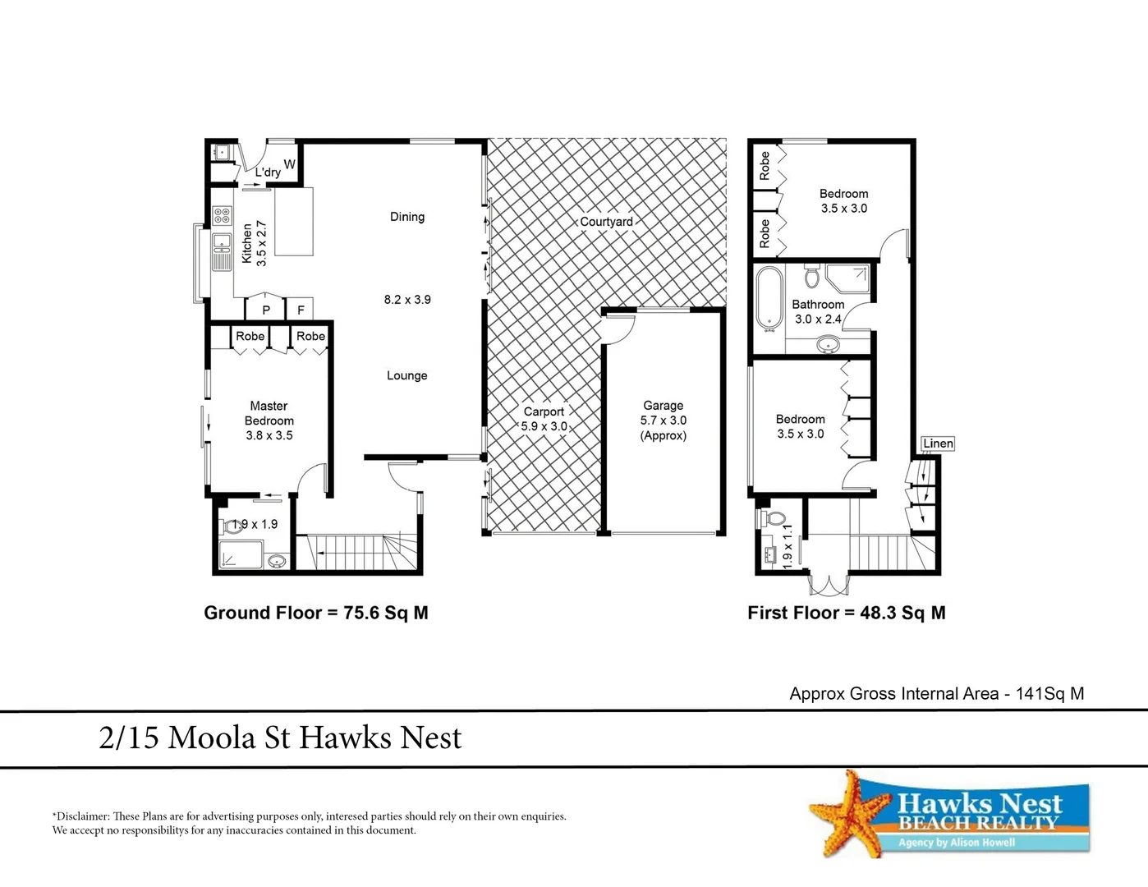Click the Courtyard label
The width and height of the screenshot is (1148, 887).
click(606, 222)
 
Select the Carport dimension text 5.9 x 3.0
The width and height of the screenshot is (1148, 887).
click(544, 426)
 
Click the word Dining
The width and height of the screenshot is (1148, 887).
click(407, 217)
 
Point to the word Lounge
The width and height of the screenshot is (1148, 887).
click(407, 375)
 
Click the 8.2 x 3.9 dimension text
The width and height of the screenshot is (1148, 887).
click(407, 300)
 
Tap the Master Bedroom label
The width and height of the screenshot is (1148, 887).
click(269, 413)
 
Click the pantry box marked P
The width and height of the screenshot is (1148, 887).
click(266, 310)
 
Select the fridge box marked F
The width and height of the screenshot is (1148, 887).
click(301, 310)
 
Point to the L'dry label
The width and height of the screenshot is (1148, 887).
click(268, 172)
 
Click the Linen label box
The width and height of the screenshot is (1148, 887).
click(938, 443)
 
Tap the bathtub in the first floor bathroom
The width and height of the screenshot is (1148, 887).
click(769, 298)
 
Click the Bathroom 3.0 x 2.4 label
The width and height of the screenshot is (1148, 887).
click(818, 312)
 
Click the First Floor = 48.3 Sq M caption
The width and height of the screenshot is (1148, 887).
click(846, 613)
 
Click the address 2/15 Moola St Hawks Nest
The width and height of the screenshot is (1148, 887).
click(280, 738)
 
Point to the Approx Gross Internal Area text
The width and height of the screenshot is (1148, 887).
click(936, 693)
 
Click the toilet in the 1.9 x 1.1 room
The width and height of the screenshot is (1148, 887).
click(772, 519)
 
